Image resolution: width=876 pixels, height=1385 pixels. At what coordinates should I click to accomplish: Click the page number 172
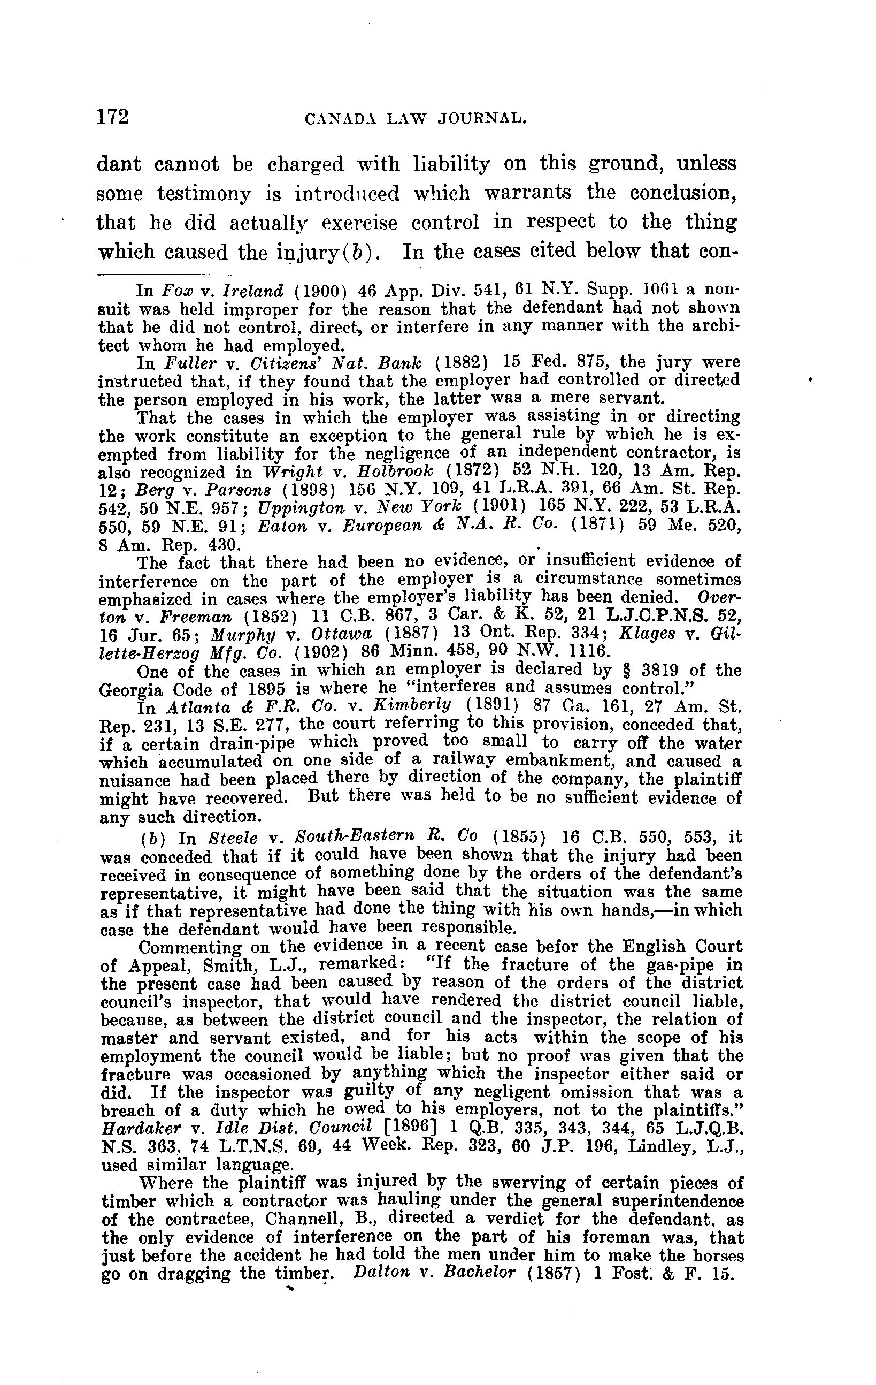point(113,117)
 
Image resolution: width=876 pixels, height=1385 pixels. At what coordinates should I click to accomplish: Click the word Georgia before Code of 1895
point(130,689)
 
